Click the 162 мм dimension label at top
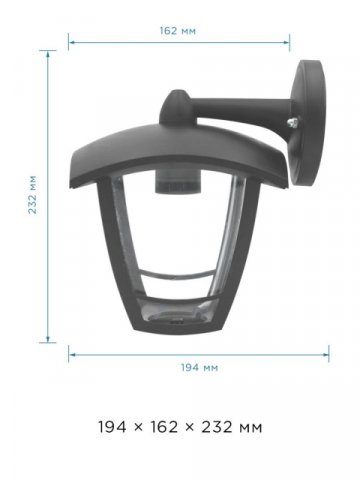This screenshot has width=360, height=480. [x=178, y=31]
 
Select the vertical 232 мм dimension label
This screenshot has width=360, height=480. [x=33, y=195]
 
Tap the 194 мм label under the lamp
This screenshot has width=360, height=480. [x=199, y=367]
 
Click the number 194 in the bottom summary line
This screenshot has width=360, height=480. [x=112, y=427]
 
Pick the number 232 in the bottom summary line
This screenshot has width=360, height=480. [x=217, y=427]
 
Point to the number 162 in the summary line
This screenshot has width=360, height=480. [x=164, y=427]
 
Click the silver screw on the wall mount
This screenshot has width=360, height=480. [x=293, y=122]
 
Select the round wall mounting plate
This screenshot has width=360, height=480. [x=307, y=123]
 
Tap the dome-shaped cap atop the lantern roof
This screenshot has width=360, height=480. [x=176, y=107]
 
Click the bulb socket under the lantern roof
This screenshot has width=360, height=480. [x=178, y=182]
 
